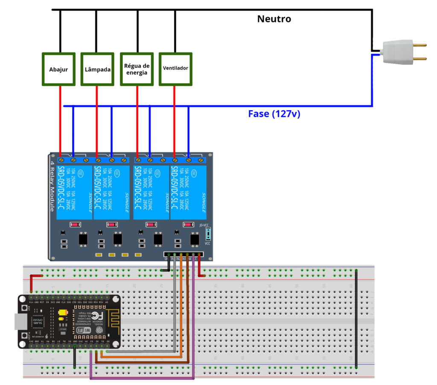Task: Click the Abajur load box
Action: [x=59, y=69]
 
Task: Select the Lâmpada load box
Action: [x=98, y=69]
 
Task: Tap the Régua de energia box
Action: [x=137, y=69]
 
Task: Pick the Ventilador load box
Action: [x=175, y=69]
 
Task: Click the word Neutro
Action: [x=274, y=19]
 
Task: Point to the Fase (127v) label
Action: [x=274, y=114]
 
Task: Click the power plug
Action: [x=399, y=52]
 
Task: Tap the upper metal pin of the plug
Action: [x=420, y=45]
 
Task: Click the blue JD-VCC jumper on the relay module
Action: [x=208, y=233]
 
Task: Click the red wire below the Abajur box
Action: [x=60, y=120]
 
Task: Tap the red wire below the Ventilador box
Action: [x=175, y=120]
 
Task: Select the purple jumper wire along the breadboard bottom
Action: [x=141, y=378]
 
